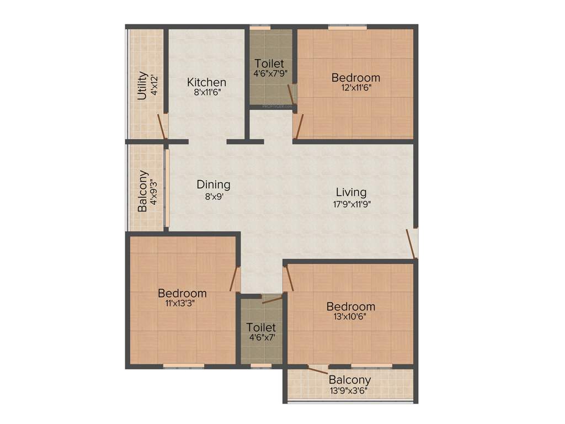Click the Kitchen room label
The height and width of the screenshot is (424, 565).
[206, 82]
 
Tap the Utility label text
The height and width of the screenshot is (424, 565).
[142, 86]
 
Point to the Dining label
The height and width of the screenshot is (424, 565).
[214, 185]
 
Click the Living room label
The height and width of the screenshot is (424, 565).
[351, 192]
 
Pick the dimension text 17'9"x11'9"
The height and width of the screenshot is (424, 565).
[351, 203]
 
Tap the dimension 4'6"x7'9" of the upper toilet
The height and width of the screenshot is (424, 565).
[270, 73]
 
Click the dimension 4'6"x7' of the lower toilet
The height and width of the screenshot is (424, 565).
[262, 337]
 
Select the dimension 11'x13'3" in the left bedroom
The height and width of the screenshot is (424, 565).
[182, 303]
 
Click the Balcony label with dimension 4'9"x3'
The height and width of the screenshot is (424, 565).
[143, 191]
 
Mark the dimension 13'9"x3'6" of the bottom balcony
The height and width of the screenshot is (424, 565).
[349, 390]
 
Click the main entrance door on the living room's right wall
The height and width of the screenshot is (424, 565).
[412, 243]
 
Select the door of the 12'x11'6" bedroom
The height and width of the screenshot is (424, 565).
[299, 126]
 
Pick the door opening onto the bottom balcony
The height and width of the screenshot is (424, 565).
[318, 370]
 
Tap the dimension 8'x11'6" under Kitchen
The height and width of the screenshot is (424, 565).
[206, 93]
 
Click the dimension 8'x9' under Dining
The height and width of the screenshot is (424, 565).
[214, 195]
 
